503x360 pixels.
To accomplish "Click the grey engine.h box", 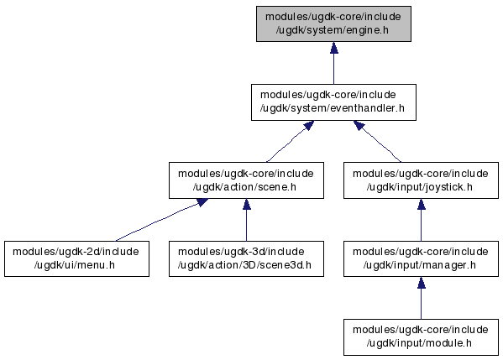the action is tap(333, 23).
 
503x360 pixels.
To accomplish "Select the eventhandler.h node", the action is tap(333, 102).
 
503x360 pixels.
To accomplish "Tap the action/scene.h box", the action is tap(246, 180).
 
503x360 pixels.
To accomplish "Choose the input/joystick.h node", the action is tap(421, 180).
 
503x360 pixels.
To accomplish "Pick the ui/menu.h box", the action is tap(76, 258).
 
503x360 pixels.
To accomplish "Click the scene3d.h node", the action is tap(246, 258).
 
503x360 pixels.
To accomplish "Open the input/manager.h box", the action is tap(421, 258).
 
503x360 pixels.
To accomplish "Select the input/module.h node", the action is tap(421, 337).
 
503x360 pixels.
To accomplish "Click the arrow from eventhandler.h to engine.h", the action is tap(334, 63).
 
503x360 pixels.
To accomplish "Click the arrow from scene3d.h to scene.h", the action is tap(246, 220).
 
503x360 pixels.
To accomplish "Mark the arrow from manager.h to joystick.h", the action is tap(422, 220).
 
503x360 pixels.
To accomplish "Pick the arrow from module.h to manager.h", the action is tap(422, 298).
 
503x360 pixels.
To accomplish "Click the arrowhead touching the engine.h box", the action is tap(334, 48).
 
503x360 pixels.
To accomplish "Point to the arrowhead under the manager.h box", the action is tap(422, 283).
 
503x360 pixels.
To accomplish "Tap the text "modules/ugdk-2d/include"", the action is tap(76, 252).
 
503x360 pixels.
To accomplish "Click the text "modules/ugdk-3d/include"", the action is tap(241, 252).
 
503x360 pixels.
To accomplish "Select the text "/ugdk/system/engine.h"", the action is tap(332, 30).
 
